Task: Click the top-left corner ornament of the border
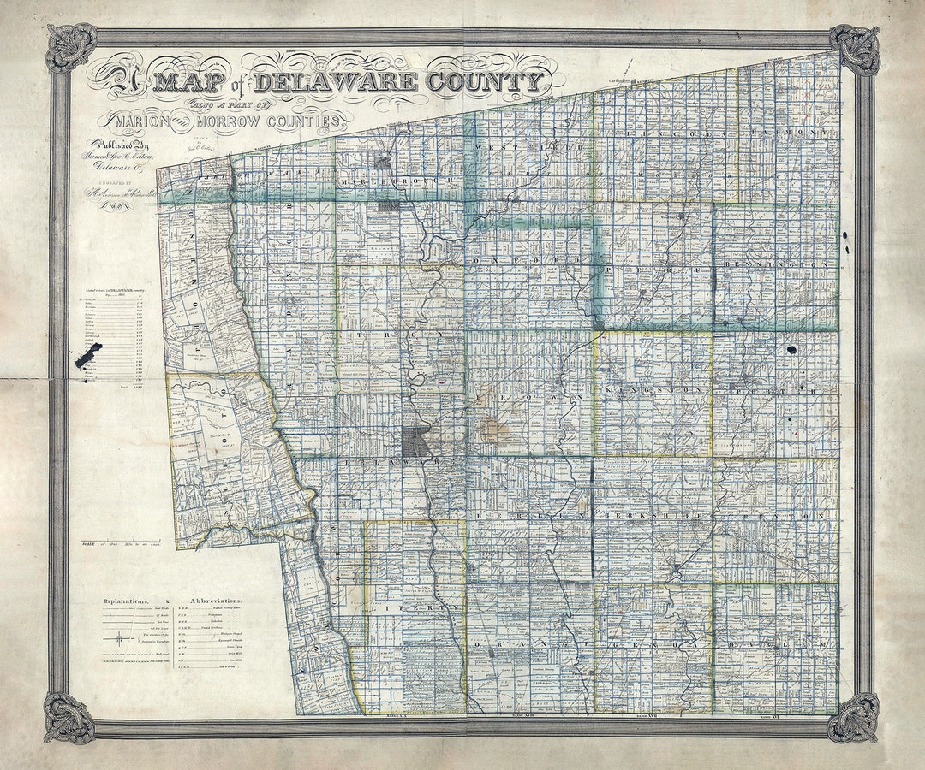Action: pos(70,48)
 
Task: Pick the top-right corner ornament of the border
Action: pos(855,49)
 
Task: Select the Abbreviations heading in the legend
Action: pos(216,601)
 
